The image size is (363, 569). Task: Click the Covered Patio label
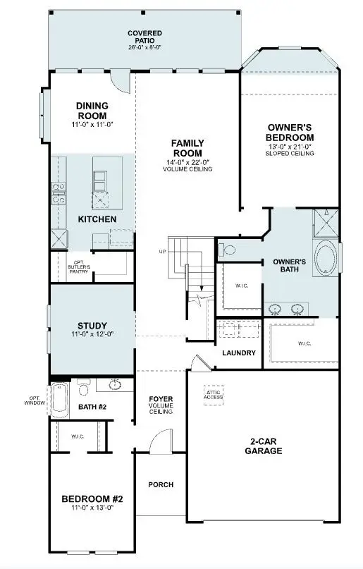click(144, 37)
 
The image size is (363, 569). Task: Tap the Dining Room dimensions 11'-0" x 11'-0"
click(92, 124)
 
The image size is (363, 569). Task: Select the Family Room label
click(187, 148)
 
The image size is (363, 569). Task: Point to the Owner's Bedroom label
click(290, 132)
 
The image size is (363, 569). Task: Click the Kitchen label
click(97, 219)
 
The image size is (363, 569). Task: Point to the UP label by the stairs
click(161, 251)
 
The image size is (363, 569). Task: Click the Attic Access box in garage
click(214, 394)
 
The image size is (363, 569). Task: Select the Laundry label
click(238, 353)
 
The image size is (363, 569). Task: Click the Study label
click(92, 325)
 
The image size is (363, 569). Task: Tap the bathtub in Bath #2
click(59, 401)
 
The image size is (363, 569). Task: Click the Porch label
click(160, 484)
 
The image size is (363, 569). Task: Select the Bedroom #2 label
click(92, 498)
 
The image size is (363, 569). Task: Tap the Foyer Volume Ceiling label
click(161, 405)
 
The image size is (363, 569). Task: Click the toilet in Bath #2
click(83, 388)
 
